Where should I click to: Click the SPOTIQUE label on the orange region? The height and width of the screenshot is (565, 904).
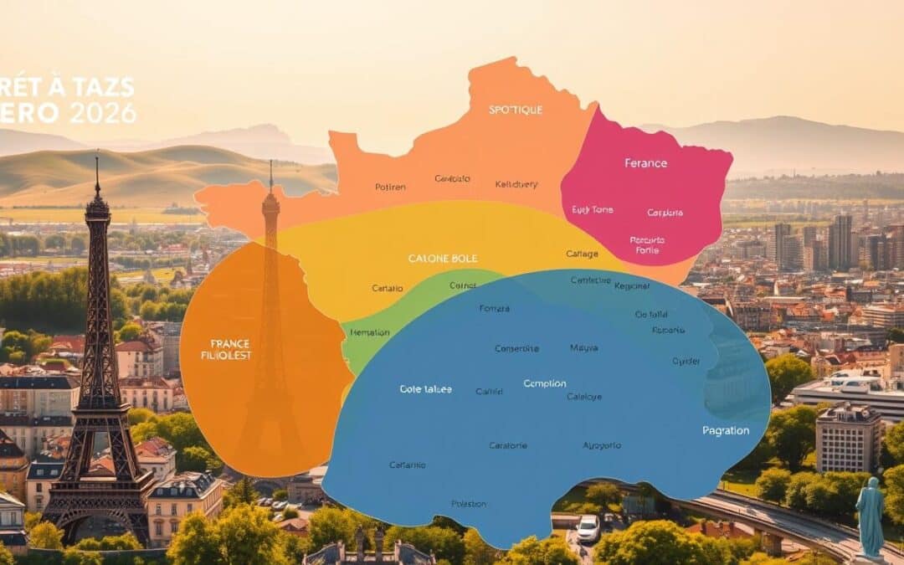(516, 110)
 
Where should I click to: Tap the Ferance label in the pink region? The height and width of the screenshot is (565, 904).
(645, 163)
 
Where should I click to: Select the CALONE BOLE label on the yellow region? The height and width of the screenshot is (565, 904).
(442, 258)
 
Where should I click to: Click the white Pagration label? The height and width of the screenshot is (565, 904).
(726, 430)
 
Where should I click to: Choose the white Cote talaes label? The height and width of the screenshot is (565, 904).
(425, 389)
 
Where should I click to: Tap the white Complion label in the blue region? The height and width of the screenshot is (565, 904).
(545, 383)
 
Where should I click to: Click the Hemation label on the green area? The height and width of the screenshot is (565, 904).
(369, 332)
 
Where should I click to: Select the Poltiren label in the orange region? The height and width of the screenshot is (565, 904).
(390, 187)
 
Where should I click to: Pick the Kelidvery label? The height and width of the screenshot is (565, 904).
(517, 183)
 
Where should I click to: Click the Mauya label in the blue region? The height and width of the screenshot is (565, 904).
(583, 347)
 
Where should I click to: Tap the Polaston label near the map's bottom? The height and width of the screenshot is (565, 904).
(469, 504)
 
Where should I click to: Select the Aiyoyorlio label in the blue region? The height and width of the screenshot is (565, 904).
(602, 445)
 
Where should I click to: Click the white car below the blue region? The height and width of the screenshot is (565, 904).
(588, 527)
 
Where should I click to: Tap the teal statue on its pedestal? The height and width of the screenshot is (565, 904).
(871, 515)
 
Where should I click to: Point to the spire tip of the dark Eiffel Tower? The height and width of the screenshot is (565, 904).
(97, 159)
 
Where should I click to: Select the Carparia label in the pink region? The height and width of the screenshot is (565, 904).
(665, 213)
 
